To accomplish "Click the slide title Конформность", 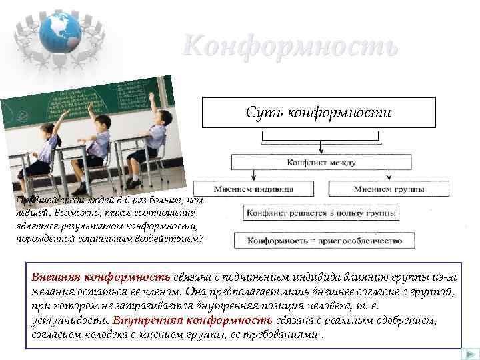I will pos(291,46).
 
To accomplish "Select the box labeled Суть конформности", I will pos(319,112).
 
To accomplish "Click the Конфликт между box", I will pos(321,162).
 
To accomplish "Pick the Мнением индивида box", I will pos(255,189).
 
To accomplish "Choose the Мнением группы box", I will pos(389,189).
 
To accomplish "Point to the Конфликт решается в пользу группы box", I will pos(322,214).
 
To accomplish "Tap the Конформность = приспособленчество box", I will pos(322,240).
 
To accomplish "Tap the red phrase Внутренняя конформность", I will pos(193,320).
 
